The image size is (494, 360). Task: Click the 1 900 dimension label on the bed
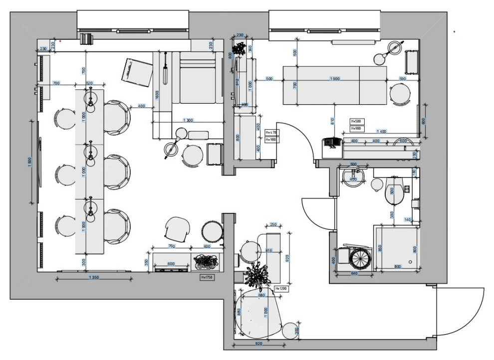335,79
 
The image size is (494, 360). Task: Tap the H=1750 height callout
207,277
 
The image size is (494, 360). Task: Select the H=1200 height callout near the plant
280,289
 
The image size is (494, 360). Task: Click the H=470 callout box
271,133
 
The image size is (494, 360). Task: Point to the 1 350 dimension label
93,277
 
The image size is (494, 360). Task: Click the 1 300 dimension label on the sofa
189,120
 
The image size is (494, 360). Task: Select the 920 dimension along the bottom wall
258,344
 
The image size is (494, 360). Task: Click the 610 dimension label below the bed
332,119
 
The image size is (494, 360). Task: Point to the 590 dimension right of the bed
403,79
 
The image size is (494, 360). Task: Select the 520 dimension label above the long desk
90,83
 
